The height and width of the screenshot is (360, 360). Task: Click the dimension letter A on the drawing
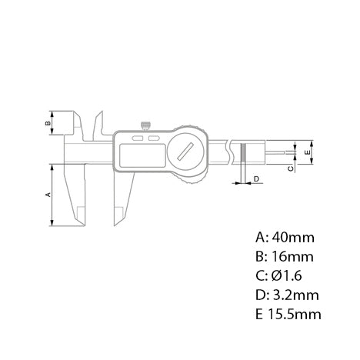(x=48, y=195)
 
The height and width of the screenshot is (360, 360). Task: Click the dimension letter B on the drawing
(x=48, y=122)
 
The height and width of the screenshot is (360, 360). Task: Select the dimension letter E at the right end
(x=307, y=153)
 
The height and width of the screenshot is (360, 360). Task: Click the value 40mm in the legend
(x=286, y=236)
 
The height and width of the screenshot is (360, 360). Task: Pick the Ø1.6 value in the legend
(x=285, y=275)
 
